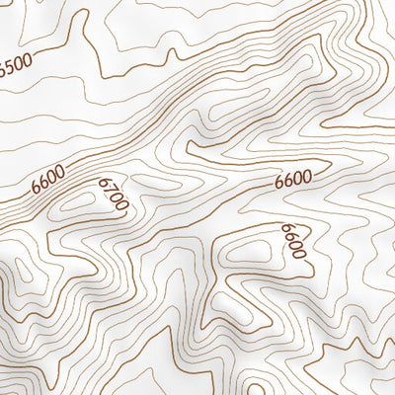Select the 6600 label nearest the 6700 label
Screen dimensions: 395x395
48,179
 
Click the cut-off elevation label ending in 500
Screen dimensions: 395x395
16,66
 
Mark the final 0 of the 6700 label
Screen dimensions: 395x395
123,205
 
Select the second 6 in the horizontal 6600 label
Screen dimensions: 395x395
288,180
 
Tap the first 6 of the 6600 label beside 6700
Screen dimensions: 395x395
37,187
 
